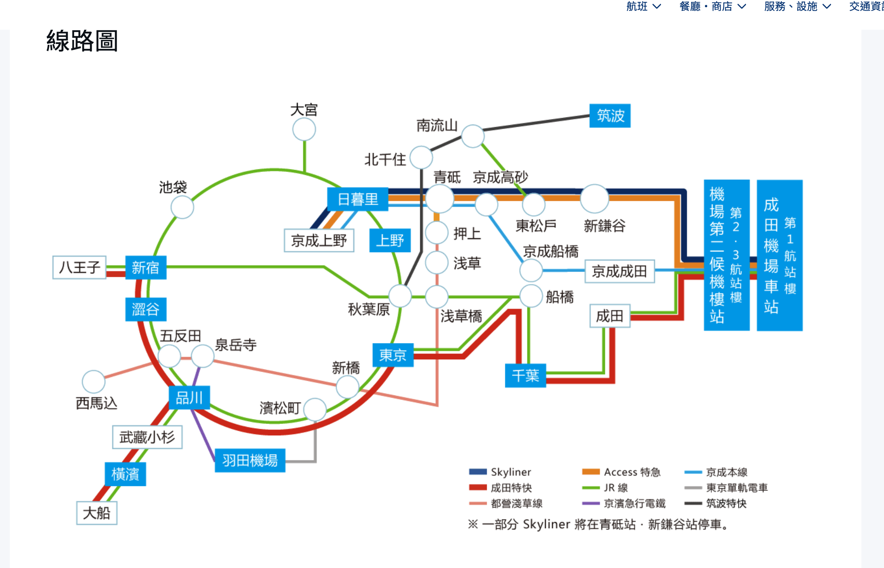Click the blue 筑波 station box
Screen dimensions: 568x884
(x=609, y=115)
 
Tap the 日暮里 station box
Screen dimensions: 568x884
(x=357, y=199)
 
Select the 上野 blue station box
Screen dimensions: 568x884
(x=390, y=240)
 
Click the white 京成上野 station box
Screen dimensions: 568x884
(x=319, y=240)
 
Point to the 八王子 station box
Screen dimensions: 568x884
(x=79, y=267)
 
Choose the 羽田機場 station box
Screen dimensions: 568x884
(x=250, y=460)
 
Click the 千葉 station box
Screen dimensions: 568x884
(x=525, y=375)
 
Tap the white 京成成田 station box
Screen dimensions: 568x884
(x=619, y=271)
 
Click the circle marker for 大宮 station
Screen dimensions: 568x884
(x=304, y=129)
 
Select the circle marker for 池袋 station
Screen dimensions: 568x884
(x=182, y=207)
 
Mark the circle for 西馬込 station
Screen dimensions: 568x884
(x=93, y=381)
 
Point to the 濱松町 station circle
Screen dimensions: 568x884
(x=315, y=410)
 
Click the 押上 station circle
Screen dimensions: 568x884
(x=436, y=233)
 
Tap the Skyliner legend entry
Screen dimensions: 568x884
(x=500, y=472)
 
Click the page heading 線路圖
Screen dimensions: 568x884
(x=82, y=41)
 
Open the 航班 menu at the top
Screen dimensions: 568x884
(x=643, y=6)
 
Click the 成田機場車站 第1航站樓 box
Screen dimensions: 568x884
(x=779, y=255)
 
